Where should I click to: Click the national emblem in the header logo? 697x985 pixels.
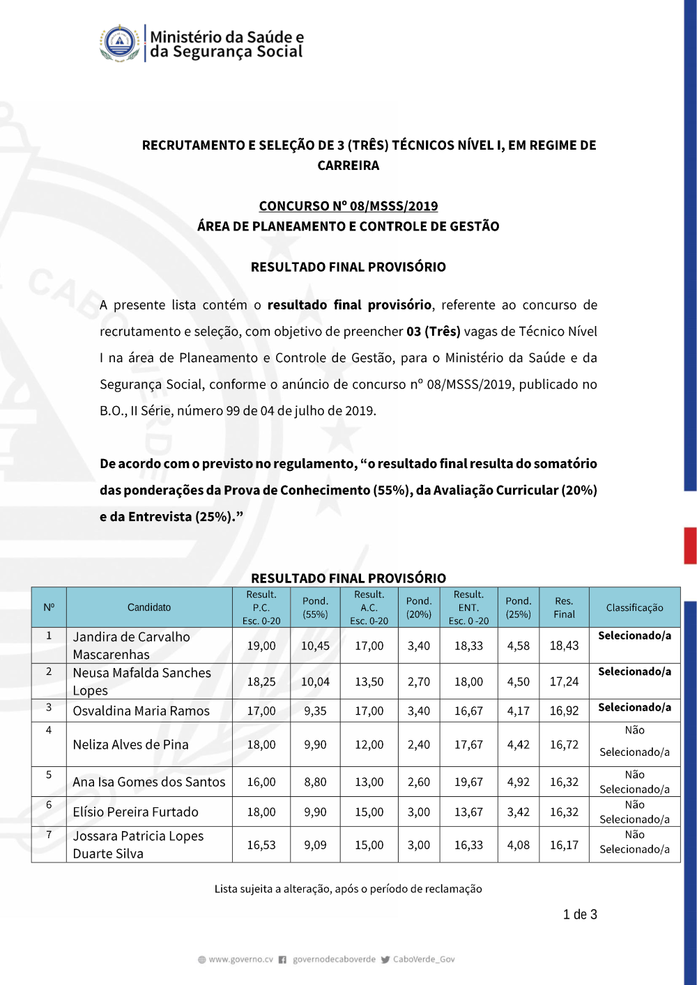[120, 43]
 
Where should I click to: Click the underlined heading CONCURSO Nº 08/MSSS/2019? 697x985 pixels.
[348, 206]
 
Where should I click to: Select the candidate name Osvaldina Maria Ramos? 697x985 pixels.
[141, 711]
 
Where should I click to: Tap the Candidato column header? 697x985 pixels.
[149, 607]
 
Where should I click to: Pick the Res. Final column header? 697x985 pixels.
[564, 607]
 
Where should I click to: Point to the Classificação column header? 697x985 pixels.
[634, 607]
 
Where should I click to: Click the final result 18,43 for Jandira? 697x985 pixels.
[564, 646]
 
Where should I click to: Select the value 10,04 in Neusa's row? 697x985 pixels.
[315, 682]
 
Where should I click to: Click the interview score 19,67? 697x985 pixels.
[468, 782]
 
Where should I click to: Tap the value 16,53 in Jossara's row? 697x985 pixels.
[261, 845]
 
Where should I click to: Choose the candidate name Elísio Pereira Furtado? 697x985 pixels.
[136, 812]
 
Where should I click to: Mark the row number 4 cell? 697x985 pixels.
[49, 730]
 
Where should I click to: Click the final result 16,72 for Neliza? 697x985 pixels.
[564, 745]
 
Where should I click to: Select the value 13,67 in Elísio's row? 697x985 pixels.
[468, 812]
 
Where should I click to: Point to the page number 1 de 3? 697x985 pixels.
[580, 915]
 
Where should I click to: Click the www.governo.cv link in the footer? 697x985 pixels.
[240, 959]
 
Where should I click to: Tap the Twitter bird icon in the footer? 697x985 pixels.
[385, 960]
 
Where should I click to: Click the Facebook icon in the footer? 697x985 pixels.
[282, 960]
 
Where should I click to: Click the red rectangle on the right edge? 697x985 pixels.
[690, 545]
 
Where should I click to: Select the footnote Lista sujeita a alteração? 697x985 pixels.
[348, 889]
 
